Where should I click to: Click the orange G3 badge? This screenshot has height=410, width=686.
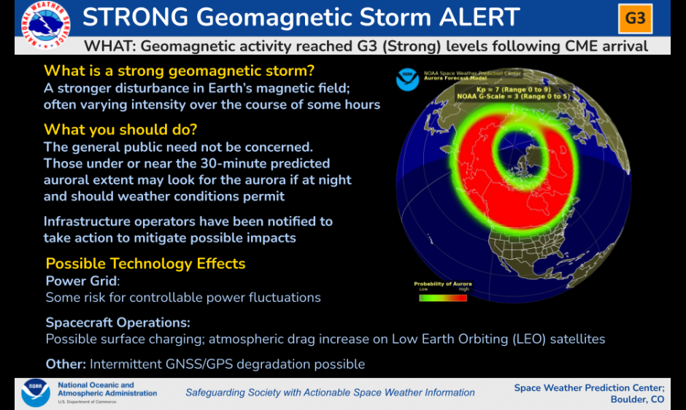point(635,18)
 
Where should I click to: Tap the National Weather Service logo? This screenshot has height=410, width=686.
point(45,25)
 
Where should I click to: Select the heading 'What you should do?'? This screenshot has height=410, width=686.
point(120,130)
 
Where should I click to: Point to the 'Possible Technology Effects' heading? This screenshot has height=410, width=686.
point(146,263)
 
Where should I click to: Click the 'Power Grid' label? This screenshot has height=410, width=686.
point(82,281)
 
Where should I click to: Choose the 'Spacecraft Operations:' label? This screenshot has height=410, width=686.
point(118,322)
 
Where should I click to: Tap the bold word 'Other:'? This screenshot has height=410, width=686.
point(66,364)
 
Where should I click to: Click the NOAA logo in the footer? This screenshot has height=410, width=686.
point(36,393)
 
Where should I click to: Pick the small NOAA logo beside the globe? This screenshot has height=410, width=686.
point(407,80)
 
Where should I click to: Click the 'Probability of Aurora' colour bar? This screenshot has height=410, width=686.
point(443,298)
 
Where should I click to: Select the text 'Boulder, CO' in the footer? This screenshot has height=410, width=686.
point(637,400)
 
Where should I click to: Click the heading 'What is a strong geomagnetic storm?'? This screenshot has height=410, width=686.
point(179,71)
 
